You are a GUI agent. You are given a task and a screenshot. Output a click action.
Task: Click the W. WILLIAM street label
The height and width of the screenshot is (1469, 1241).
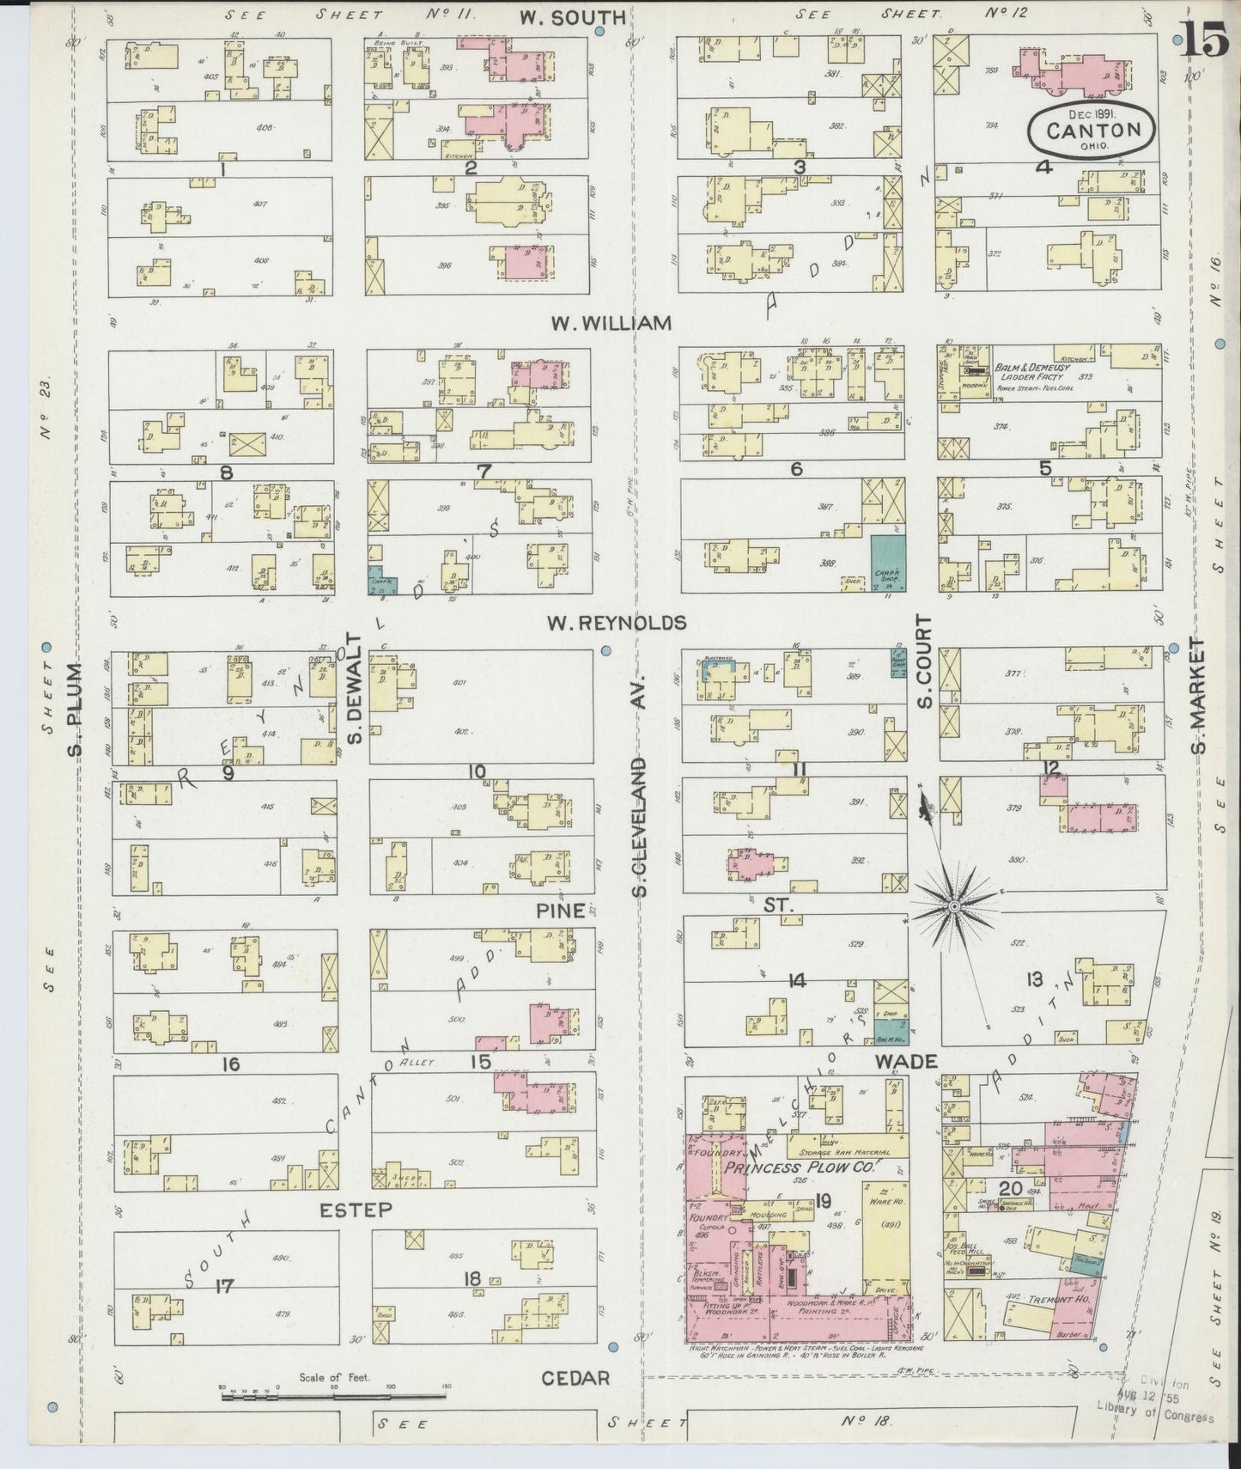click(611, 323)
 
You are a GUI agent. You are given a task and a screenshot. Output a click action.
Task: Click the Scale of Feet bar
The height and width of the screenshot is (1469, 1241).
click(336, 1396)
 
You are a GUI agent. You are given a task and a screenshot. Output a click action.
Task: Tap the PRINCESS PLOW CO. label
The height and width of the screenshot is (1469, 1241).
click(802, 1167)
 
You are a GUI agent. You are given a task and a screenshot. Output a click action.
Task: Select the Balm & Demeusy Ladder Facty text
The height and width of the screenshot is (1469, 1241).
click(1029, 372)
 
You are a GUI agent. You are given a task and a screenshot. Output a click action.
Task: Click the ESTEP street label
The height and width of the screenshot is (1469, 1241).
click(356, 1210)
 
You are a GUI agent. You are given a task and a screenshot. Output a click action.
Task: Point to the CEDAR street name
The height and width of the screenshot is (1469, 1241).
click(576, 1378)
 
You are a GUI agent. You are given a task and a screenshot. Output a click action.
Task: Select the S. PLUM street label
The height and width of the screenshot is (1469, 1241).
click(76, 710)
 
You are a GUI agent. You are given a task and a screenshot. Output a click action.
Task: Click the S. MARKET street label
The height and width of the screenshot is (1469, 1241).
click(1198, 695)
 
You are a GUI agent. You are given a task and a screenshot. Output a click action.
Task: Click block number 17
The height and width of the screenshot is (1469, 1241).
click(225, 1286)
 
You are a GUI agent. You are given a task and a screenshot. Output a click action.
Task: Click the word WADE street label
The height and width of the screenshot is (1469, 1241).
click(906, 1062)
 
